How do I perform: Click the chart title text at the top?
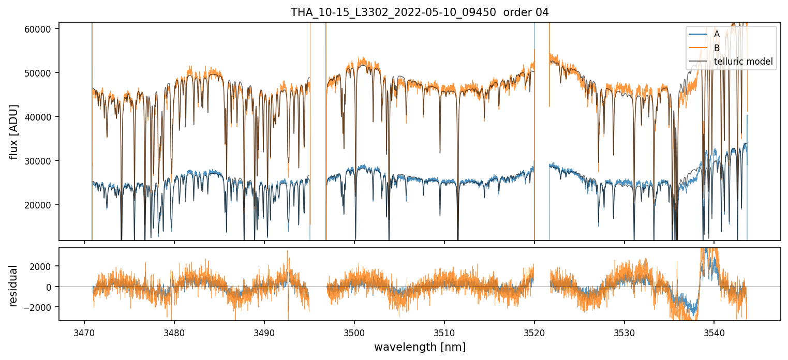pos(420,12)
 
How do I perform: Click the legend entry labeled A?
pos(717,34)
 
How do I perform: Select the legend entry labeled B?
pos(717,48)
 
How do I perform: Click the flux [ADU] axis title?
pos(14,131)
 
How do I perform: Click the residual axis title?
pos(14,286)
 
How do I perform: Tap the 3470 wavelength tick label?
pos(84,331)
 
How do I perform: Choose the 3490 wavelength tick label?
pos(264,331)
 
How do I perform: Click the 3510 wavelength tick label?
pos(444,331)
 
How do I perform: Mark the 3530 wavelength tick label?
pos(625,331)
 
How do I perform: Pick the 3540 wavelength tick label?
pos(714,331)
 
